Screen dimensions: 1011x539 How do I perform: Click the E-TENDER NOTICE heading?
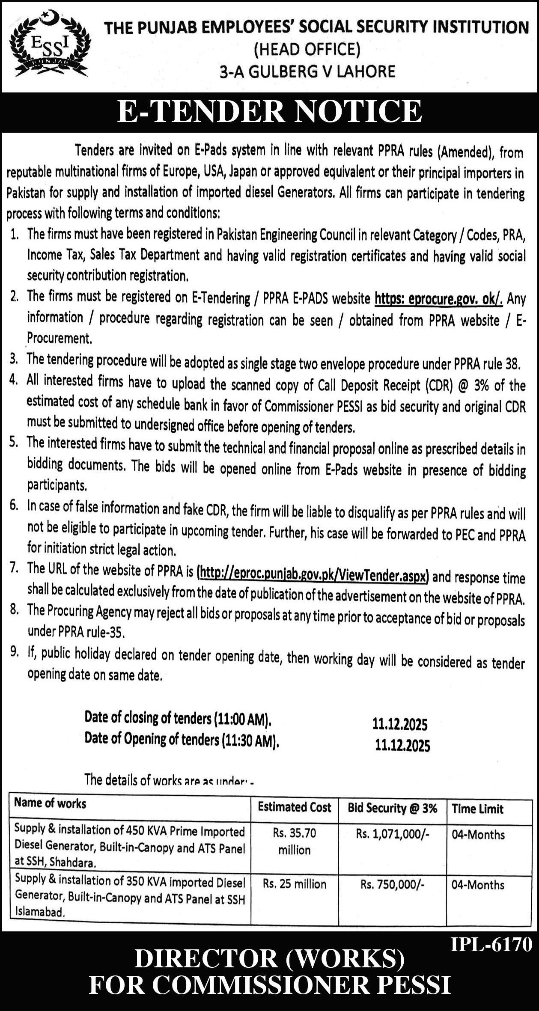[x=269, y=111]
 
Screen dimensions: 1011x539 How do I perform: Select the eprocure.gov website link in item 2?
[x=438, y=298]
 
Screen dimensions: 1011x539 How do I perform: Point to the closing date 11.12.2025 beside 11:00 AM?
[x=400, y=724]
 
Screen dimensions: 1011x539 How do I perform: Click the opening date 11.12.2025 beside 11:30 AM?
[x=402, y=745]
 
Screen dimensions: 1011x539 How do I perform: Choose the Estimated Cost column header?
[x=295, y=807]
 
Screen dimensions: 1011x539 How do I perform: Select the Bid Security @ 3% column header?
[x=392, y=808]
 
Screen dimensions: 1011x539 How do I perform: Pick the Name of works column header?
[x=50, y=803]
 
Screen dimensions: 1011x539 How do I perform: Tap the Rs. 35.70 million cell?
[x=295, y=841]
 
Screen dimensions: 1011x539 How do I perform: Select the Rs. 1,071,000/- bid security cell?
[x=392, y=833]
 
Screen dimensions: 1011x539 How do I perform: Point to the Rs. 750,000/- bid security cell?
[x=392, y=884]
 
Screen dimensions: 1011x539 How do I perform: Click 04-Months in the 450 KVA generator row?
[x=478, y=834]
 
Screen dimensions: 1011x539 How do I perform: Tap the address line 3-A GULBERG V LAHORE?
[x=307, y=71]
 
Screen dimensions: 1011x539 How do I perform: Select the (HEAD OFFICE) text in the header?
[x=307, y=50]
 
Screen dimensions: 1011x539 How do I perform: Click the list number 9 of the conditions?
[x=15, y=652]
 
